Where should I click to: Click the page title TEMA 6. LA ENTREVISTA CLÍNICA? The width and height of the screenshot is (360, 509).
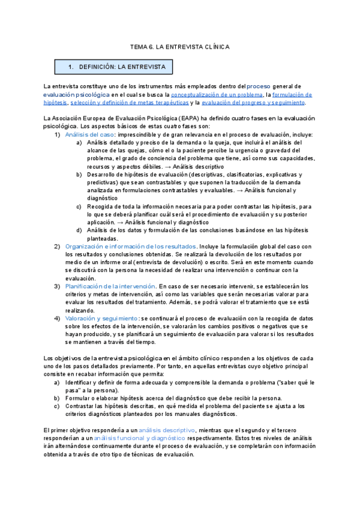click(179, 47)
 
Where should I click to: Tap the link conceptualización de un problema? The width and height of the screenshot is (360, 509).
click(217, 94)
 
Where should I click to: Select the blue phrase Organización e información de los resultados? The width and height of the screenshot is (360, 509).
click(131, 246)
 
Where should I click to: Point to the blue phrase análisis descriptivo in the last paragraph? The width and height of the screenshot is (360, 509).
click(167, 430)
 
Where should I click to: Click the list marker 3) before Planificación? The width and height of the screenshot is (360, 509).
click(58, 286)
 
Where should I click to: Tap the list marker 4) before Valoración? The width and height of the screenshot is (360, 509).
click(58, 318)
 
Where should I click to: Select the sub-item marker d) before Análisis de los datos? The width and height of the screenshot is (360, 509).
click(80, 230)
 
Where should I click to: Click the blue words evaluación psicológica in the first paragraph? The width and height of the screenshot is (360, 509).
click(76, 94)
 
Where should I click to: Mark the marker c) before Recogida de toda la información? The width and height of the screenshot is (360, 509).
click(80, 206)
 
